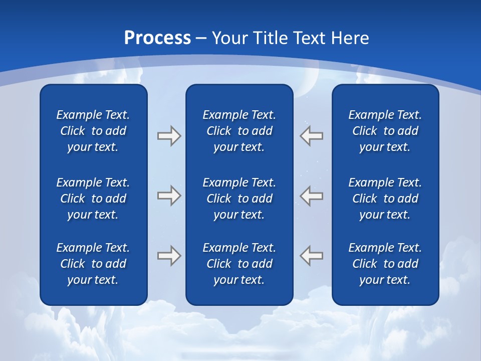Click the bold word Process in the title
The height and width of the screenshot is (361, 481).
157,38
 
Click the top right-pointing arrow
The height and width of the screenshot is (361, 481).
169,136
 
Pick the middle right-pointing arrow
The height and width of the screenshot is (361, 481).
169,196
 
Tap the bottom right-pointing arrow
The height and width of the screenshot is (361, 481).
169,255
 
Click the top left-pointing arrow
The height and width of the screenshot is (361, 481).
312,136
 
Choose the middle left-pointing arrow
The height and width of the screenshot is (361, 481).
312,196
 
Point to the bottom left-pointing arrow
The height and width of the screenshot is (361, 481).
312,255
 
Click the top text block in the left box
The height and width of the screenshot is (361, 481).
93,131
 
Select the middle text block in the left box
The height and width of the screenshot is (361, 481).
93,199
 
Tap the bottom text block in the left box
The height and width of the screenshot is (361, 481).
93,264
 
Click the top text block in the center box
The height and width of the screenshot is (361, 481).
239,131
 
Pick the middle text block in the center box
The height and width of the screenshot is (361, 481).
239,199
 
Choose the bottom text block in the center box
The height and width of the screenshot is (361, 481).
239,264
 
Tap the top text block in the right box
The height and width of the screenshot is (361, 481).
385,131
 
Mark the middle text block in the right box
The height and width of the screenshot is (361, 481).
385,199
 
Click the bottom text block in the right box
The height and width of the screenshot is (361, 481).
385,264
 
